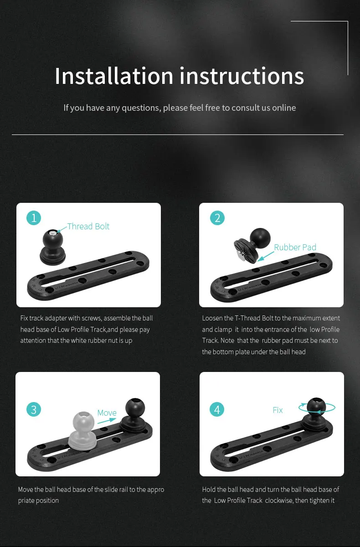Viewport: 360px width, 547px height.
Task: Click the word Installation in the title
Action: pyautogui.click(x=114, y=76)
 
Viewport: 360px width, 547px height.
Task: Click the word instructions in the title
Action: pyautogui.click(x=242, y=76)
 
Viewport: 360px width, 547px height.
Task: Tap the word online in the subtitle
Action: pyautogui.click(x=284, y=108)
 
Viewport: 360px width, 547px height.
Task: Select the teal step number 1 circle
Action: pyautogui.click(x=34, y=218)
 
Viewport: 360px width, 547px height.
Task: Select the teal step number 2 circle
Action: pyautogui.click(x=217, y=218)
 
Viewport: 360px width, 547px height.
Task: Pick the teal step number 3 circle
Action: pyautogui.click(x=34, y=409)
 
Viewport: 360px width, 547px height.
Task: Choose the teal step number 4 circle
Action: pyautogui.click(x=217, y=409)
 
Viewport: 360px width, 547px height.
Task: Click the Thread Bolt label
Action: pyautogui.click(x=88, y=227)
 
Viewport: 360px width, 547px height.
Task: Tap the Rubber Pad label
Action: pyautogui.click(x=295, y=248)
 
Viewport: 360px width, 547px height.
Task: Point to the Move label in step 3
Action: pyautogui.click(x=107, y=413)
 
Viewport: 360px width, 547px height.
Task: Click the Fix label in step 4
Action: pyautogui.click(x=278, y=410)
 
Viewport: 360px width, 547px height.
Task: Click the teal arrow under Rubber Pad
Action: pyautogui.click(x=266, y=256)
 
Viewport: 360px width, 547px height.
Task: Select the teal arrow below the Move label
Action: pyautogui.click(x=107, y=420)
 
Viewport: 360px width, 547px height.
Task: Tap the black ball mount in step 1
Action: pyautogui.click(x=53, y=247)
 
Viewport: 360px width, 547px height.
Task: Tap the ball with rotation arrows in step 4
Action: pyautogui.click(x=317, y=407)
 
